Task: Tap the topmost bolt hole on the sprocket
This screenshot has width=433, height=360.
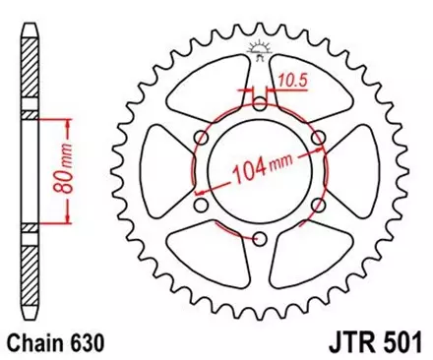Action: click(x=259, y=103)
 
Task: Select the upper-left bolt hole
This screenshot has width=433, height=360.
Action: click(x=201, y=137)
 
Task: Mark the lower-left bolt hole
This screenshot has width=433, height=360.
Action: click(x=201, y=205)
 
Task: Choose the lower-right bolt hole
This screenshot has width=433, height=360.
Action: click(x=318, y=205)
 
